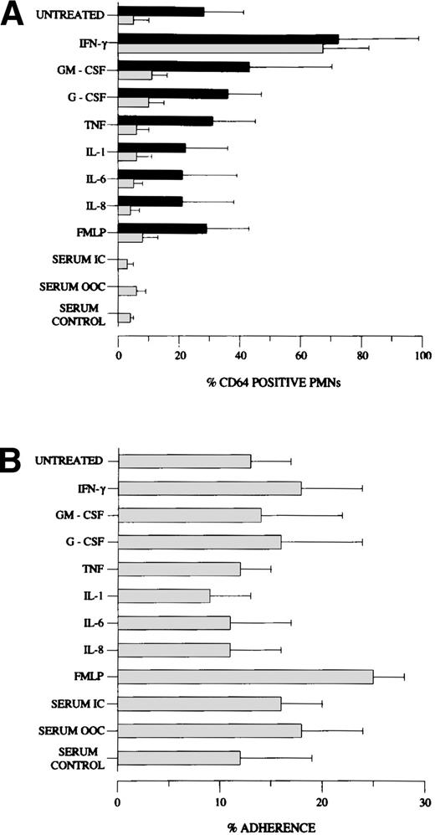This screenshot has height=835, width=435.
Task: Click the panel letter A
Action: coord(14,14)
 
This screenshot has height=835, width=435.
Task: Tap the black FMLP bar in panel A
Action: coord(162,228)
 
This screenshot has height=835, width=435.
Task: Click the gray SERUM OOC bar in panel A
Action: coord(127,291)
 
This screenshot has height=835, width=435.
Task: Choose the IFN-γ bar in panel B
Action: coord(210,488)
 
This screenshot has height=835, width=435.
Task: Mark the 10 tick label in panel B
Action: coord(220,801)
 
